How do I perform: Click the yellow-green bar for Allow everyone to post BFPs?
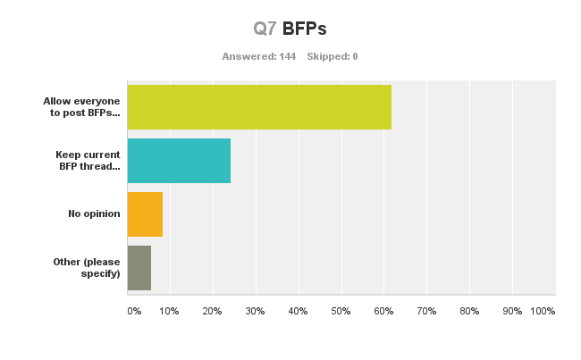tap(259, 107)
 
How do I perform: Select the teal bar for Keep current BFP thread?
tap(179, 161)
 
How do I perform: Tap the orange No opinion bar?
tap(145, 214)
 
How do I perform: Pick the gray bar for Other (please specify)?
tap(139, 268)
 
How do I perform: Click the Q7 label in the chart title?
tap(265, 29)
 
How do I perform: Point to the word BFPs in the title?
tap(305, 29)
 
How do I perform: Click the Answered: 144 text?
tap(258, 56)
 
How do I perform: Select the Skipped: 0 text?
tap(333, 56)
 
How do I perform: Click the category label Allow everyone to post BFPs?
tap(81, 107)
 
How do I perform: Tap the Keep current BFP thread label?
tap(88, 161)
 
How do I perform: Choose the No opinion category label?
tap(94, 214)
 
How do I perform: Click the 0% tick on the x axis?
tap(134, 311)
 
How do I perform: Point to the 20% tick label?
tap(212, 311)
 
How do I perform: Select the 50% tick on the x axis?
tap(341, 311)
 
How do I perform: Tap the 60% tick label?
tap(383, 311)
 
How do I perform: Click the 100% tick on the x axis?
tap(543, 311)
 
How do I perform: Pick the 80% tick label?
tap(469, 311)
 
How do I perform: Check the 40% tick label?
tap(298, 311)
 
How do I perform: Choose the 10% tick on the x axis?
tap(169, 311)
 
